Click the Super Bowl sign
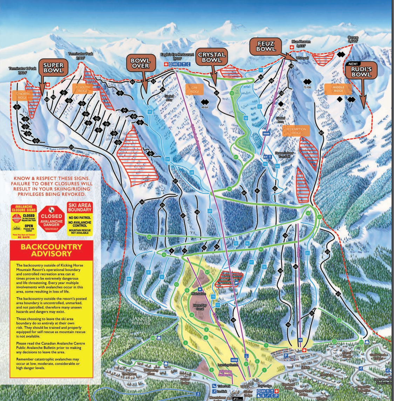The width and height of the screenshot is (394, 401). click(x=53, y=68)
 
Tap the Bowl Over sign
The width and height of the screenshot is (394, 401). click(x=140, y=63)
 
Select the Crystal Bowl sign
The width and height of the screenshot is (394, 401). click(x=211, y=57)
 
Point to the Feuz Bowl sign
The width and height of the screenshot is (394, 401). click(x=266, y=46)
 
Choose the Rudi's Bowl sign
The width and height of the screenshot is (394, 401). click(x=361, y=72)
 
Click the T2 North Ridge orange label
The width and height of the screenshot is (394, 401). click(x=22, y=96)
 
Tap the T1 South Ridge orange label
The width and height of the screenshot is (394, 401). click(x=83, y=89)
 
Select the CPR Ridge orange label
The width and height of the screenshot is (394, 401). click(x=195, y=90)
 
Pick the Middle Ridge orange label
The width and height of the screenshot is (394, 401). click(x=338, y=89)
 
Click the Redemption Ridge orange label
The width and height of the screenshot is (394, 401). click(x=296, y=131)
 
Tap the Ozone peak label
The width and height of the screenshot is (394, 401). click(x=353, y=39)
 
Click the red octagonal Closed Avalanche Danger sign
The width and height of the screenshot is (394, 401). click(x=51, y=219)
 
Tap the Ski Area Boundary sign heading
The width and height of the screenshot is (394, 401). click(x=80, y=207)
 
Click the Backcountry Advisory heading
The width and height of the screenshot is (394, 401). click(x=52, y=250)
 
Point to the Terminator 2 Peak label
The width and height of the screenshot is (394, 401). click(x=22, y=70)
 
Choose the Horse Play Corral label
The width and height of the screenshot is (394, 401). click(x=200, y=307)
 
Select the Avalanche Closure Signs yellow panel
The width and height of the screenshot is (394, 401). click(x=23, y=222)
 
